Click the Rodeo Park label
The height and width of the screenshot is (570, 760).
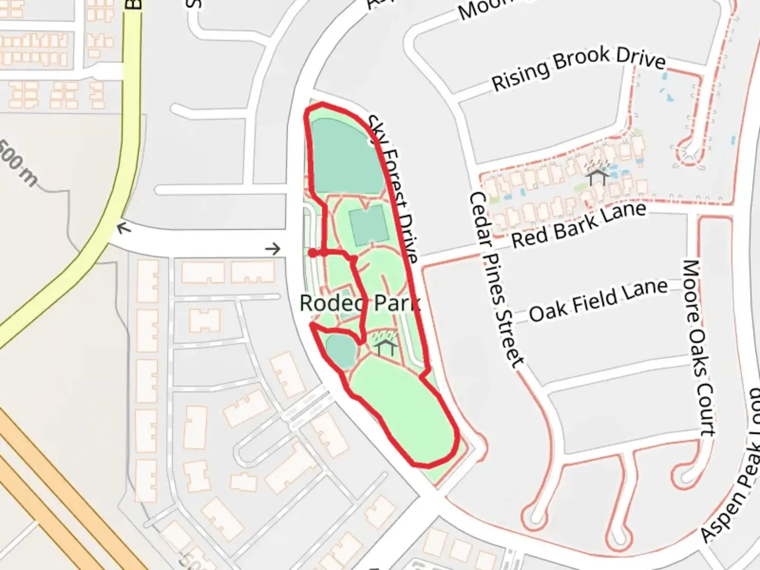pos(359,303)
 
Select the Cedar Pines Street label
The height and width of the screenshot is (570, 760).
pos(496,280)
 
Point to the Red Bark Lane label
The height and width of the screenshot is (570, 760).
pos(578,225)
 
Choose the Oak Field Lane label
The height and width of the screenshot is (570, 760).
pos(598,300)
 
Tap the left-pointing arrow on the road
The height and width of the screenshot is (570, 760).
pos(124,228)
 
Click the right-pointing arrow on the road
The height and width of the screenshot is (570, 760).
pos(273,249)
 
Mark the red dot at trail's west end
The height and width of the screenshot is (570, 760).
pos(313,253)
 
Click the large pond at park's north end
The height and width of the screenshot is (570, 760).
pos(346,156)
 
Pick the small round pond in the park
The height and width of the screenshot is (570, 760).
pos(340,350)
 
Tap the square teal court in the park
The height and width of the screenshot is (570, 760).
pos(368,225)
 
